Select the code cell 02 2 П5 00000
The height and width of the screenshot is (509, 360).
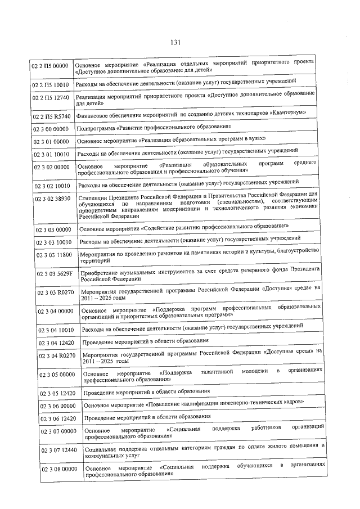tap(49, 68)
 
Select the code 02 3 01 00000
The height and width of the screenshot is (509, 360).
tap(52, 141)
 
